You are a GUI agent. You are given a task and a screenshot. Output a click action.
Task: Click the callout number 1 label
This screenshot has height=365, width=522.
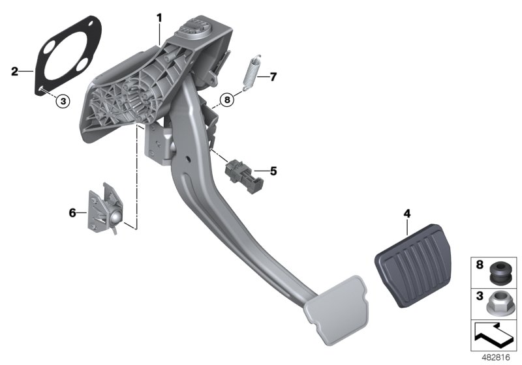tap(159, 18)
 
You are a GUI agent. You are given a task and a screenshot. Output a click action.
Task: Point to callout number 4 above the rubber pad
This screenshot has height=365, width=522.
tap(407, 213)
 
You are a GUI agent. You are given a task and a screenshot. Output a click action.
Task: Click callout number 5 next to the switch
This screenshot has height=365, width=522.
tap(273, 171)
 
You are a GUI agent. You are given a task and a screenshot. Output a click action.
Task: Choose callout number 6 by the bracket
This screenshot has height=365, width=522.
tap(73, 212)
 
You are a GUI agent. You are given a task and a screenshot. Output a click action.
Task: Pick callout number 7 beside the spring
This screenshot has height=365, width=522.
tap(273, 77)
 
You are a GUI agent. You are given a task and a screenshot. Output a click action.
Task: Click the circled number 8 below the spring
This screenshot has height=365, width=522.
tap(226, 100)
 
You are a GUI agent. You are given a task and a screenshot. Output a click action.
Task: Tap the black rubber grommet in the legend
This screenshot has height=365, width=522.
tap(498, 272)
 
